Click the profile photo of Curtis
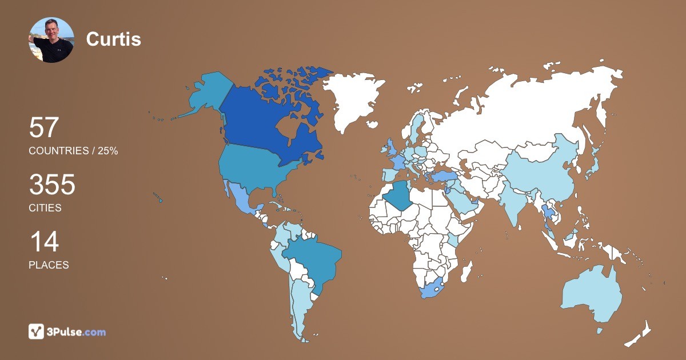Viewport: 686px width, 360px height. click(51, 40)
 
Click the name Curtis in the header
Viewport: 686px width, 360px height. click(113, 39)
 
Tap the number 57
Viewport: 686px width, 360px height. click(44, 127)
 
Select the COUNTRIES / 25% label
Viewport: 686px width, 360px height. click(73, 151)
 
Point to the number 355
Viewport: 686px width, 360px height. click(52, 185)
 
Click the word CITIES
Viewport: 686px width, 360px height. click(45, 208)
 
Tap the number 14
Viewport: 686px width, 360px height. click(43, 242)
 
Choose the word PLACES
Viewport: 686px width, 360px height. click(49, 265)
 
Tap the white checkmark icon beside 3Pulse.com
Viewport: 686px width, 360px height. click(36, 331)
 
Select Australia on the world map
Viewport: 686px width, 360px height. click(592, 294)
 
